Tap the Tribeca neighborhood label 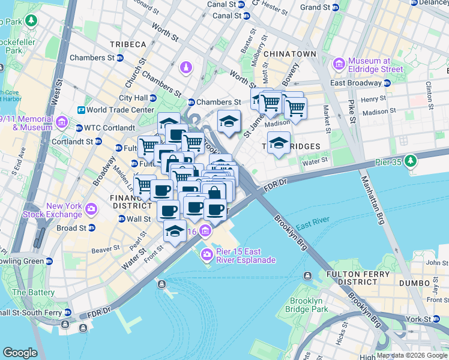[x=128, y=44]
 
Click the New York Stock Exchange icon [x=91, y=209]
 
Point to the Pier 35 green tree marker [x=411, y=160]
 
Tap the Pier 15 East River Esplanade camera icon [x=206, y=255]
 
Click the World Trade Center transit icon [x=81, y=110]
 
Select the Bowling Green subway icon [x=50, y=261]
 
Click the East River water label [x=310, y=225]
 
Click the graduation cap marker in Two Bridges [x=279, y=143]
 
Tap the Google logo [x=20, y=352]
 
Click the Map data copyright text [x=411, y=355]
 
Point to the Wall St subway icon [x=122, y=219]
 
